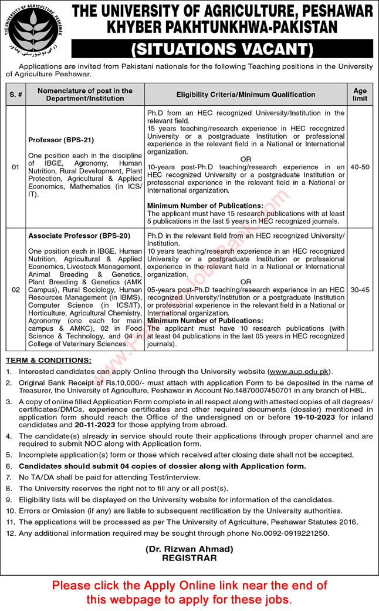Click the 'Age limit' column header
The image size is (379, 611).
[360, 94]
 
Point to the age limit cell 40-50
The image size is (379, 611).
[360, 167]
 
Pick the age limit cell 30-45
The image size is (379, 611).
[360, 290]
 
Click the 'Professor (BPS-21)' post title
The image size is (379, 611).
[61, 140]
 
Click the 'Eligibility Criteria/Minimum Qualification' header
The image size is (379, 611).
[246, 95]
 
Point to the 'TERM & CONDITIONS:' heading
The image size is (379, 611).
[49, 360]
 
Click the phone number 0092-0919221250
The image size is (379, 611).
[289, 533]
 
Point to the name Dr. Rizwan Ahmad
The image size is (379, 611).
[189, 549]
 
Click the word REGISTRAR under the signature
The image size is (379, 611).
[189, 558]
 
